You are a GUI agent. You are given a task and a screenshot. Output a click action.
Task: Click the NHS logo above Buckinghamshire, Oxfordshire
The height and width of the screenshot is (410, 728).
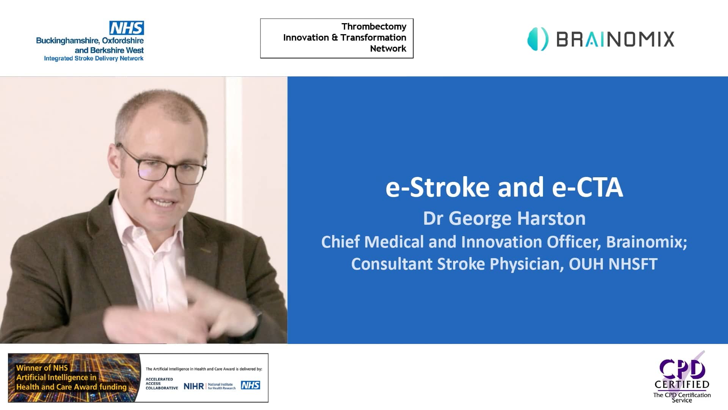pyautogui.click(x=127, y=28)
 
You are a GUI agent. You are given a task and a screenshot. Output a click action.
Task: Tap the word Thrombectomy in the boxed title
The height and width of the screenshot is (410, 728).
pyautogui.click(x=373, y=27)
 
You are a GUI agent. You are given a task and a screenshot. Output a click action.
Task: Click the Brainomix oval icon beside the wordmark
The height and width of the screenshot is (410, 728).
pyautogui.click(x=538, y=39)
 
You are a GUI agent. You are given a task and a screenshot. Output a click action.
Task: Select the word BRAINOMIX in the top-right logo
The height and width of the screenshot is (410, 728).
pyautogui.click(x=615, y=39)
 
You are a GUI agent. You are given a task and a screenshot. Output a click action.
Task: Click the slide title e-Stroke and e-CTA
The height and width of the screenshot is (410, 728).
pyautogui.click(x=504, y=187)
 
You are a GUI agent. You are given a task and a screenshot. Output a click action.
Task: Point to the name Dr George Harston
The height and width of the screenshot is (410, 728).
pyautogui.click(x=504, y=218)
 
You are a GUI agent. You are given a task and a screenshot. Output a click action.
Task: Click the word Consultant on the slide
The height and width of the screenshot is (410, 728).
pyautogui.click(x=391, y=264)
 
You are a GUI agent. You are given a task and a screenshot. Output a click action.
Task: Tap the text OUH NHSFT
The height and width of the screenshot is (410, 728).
pyautogui.click(x=613, y=264)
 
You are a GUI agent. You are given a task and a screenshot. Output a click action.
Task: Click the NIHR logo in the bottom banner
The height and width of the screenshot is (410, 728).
pyautogui.click(x=193, y=386)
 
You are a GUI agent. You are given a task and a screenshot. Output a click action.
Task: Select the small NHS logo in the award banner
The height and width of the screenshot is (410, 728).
pyautogui.click(x=251, y=385)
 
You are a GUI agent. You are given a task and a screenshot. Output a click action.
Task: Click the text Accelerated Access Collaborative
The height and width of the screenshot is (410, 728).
pyautogui.click(x=161, y=383)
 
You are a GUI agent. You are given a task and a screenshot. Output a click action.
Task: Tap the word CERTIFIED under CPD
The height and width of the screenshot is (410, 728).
pyautogui.click(x=682, y=385)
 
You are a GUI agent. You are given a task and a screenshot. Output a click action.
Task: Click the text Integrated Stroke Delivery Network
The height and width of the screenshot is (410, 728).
pyautogui.click(x=94, y=58)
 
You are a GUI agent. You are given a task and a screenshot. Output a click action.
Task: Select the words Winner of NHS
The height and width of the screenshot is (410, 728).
pyautogui.click(x=42, y=368)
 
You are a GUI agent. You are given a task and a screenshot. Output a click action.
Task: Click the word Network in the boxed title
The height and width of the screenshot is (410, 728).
pyautogui.click(x=388, y=49)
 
